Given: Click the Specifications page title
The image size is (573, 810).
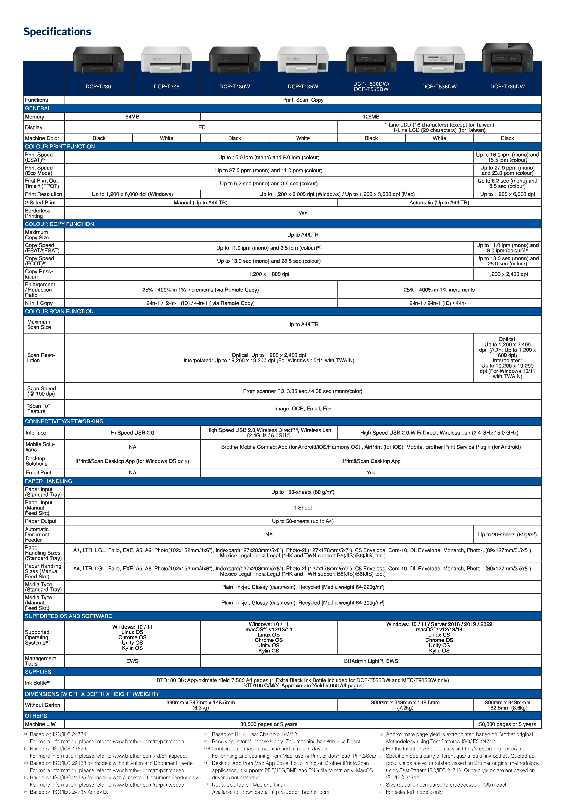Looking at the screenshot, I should coord(57,32).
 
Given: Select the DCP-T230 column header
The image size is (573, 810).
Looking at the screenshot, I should coord(98,86).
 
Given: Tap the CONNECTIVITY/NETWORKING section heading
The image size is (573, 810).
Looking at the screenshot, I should coord(64,421).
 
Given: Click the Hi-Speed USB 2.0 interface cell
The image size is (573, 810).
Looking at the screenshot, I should coord(132,433).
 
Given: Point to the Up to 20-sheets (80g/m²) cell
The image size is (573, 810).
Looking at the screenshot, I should coord(507,534).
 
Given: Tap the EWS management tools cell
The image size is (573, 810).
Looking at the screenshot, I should coord(132,661).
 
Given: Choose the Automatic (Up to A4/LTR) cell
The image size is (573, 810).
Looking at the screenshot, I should coord(439,203).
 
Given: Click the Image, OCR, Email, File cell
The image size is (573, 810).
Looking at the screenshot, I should coord(303,409).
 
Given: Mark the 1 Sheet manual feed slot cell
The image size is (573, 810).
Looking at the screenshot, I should coord(303,508).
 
